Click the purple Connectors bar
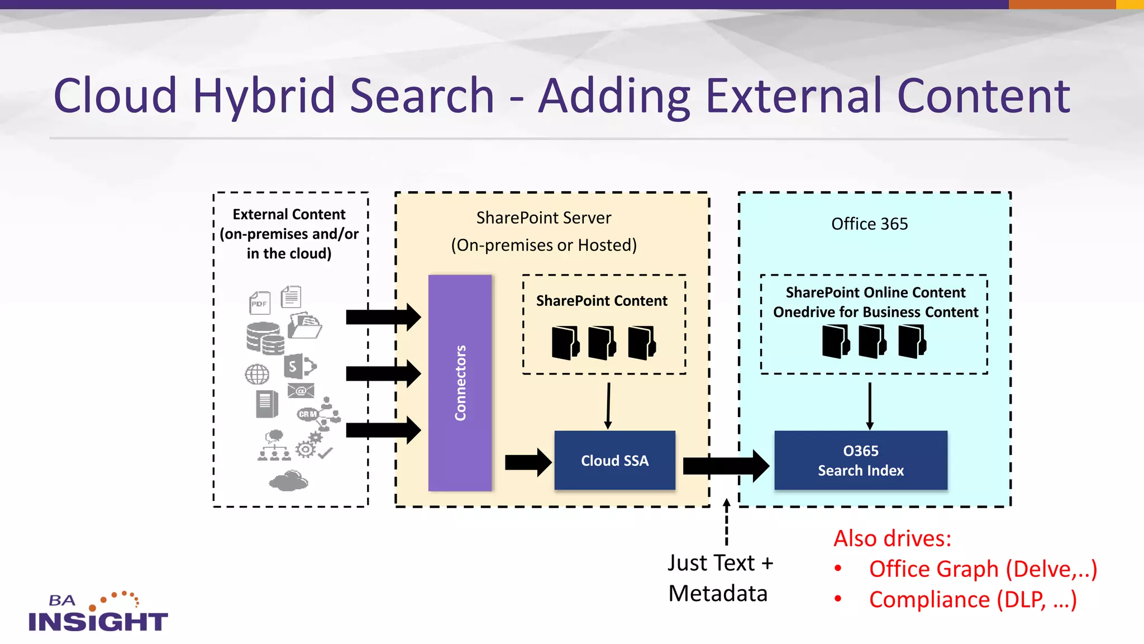(460, 383)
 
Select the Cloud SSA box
(614, 460)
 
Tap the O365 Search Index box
(860, 460)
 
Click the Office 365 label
(869, 224)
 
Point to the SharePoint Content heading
(602, 301)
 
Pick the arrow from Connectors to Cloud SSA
(527, 462)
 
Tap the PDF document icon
(260, 303)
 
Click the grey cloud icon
(289, 481)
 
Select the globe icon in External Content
(257, 374)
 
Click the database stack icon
(265, 338)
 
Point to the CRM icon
(307, 414)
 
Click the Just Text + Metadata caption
(720, 578)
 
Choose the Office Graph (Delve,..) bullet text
(983, 569)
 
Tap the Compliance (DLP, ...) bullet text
(973, 600)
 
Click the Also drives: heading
(892, 538)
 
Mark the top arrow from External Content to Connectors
(383, 317)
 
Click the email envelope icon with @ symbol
(301, 391)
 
